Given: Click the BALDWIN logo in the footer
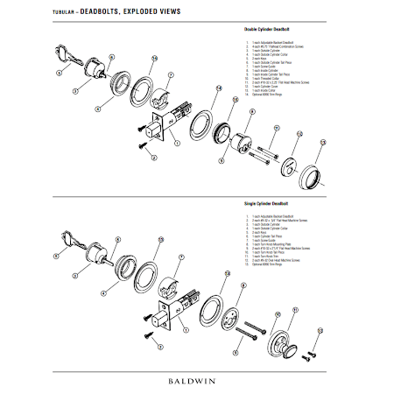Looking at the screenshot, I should point(196,380).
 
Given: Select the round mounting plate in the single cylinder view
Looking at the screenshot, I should point(232,319).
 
